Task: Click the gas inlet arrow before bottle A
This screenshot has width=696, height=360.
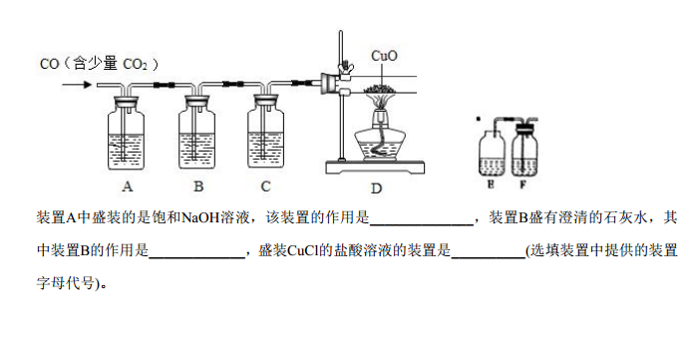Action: (x=77, y=85)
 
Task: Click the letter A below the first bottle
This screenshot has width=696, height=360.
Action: (x=127, y=186)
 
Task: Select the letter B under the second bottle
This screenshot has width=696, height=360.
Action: (x=198, y=186)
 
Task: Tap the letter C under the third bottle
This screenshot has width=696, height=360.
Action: (x=265, y=186)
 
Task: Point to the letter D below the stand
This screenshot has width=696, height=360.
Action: (x=376, y=188)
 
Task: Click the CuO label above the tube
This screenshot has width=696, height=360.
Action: (x=384, y=56)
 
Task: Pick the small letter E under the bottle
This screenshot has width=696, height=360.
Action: (x=491, y=184)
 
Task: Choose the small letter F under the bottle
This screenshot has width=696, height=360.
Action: (x=522, y=184)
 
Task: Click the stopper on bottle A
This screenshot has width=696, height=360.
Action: (x=127, y=102)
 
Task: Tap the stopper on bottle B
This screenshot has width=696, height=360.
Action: (x=197, y=102)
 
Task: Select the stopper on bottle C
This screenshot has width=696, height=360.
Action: (x=266, y=102)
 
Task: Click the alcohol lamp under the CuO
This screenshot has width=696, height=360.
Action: (x=379, y=138)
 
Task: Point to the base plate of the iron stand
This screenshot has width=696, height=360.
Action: (x=375, y=168)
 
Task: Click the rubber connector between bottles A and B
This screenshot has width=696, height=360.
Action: (x=164, y=85)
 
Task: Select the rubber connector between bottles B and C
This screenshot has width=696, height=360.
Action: (x=233, y=84)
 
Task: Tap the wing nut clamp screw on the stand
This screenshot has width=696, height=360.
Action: (x=343, y=67)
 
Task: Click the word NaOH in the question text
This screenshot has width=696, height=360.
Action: (x=200, y=218)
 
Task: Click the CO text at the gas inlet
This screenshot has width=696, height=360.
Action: (x=49, y=64)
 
